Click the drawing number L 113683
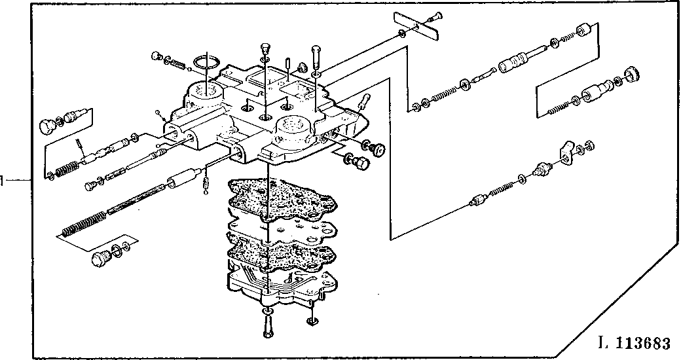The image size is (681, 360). tap(634, 344)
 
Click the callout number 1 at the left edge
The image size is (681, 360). tap(3, 179)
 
